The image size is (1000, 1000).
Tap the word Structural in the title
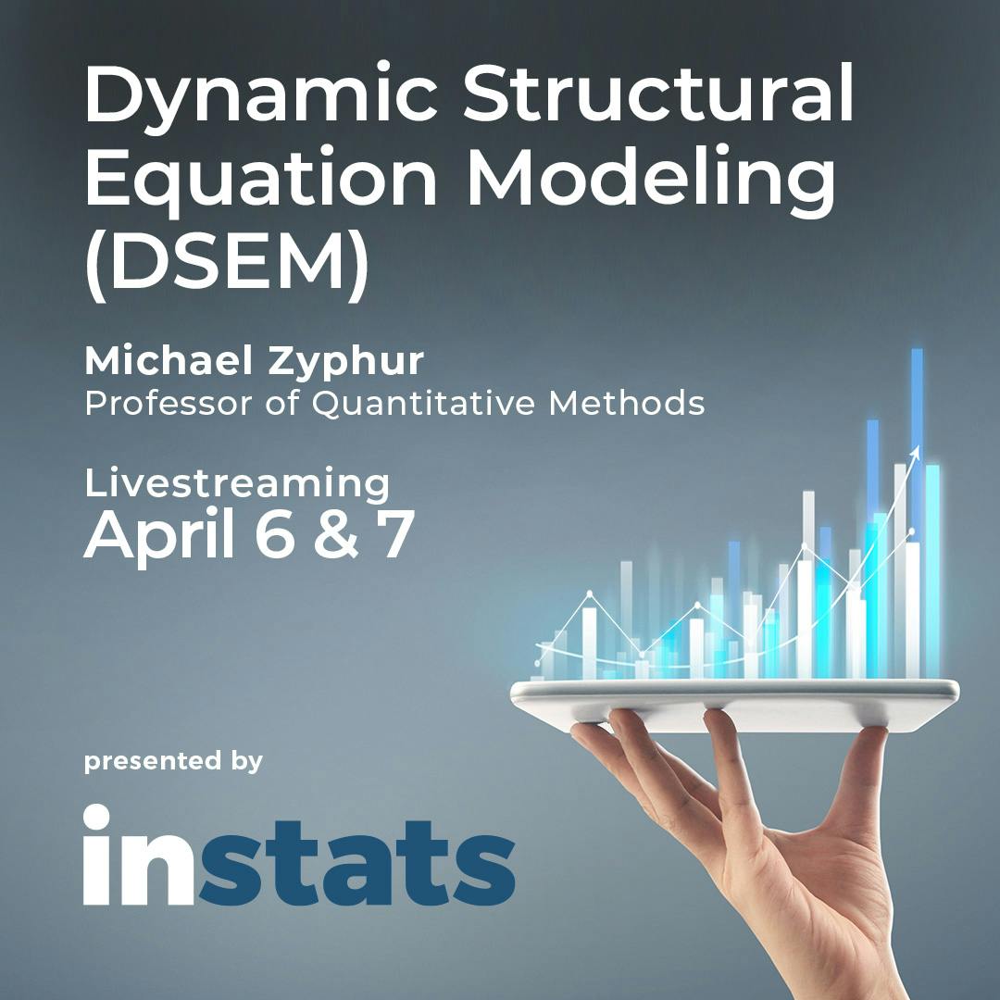658,93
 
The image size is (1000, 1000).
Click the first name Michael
169,361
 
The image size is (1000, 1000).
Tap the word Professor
169,403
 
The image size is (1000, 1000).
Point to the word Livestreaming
237,484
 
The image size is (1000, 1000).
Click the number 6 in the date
275,534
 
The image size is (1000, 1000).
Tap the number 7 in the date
395,534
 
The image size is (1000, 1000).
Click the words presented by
173,761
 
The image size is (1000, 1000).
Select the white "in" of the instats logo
139,855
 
